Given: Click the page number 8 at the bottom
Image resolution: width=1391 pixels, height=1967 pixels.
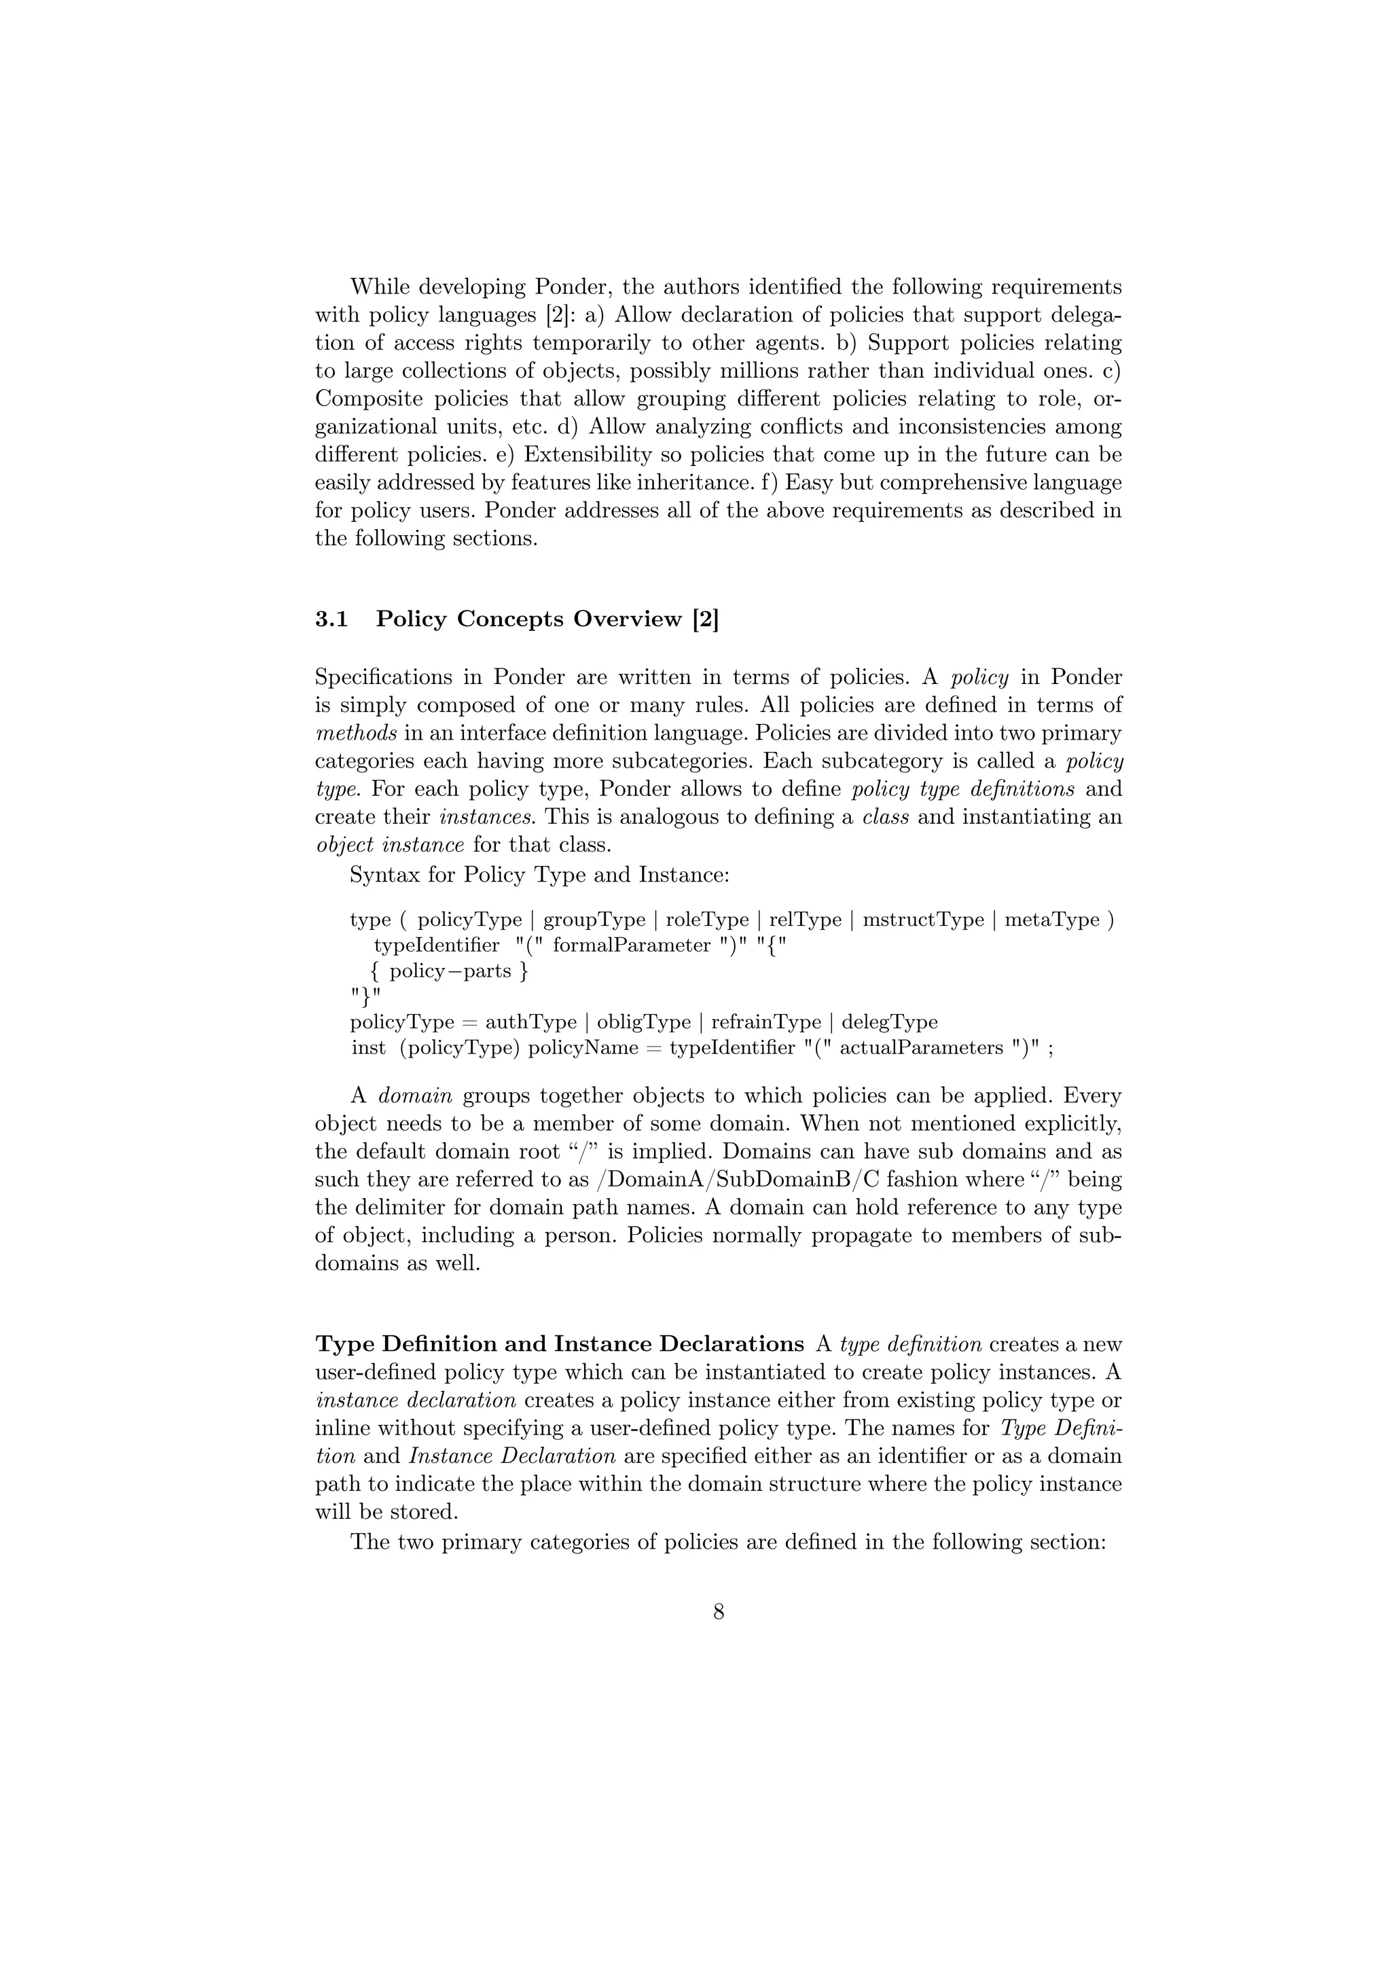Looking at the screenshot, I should coord(719,1612).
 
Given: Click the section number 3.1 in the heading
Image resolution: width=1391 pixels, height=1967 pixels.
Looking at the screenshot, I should coord(331,619).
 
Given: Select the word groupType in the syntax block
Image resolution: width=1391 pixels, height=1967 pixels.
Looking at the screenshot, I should coord(594,920).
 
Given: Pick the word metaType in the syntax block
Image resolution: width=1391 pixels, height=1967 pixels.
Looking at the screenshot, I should coord(1053,920).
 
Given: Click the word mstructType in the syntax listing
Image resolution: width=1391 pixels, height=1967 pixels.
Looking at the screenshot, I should coord(923,920).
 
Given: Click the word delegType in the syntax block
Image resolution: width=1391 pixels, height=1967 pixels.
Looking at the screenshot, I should coord(889,1022).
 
